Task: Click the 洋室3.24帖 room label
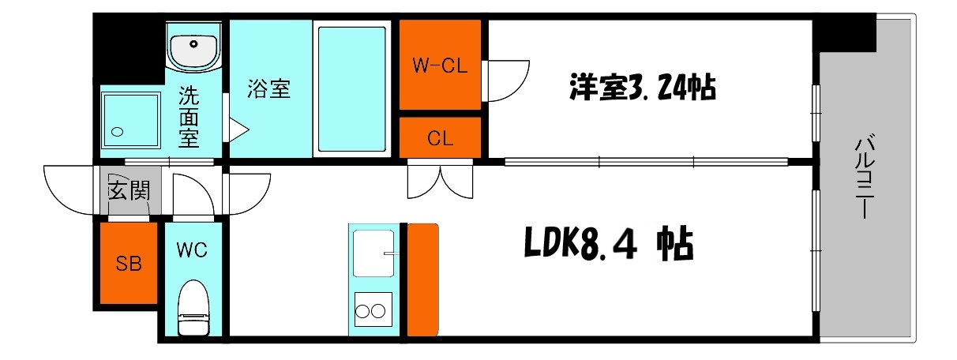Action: click(x=642, y=87)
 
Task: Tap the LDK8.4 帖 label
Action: click(x=609, y=246)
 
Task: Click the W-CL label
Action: click(x=440, y=66)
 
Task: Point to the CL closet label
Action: click(x=440, y=139)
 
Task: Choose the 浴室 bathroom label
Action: click(x=269, y=89)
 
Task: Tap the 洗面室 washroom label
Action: click(x=188, y=118)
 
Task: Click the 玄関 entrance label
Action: click(x=129, y=191)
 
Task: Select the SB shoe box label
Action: click(x=129, y=264)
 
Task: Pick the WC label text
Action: click(x=192, y=251)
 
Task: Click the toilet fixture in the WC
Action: click(x=193, y=309)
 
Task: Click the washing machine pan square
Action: click(x=131, y=118)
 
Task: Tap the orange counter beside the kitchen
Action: click(x=423, y=280)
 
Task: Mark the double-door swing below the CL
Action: click(x=440, y=179)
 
